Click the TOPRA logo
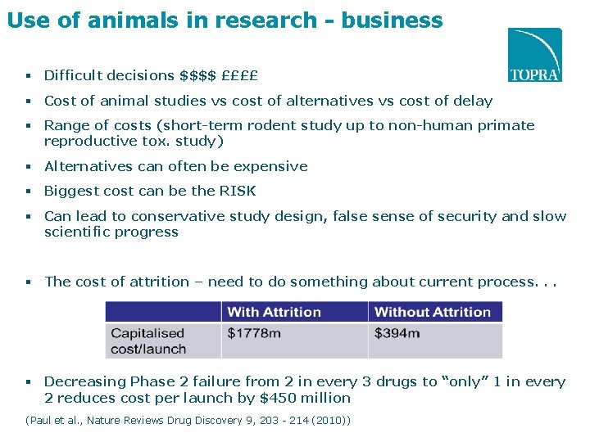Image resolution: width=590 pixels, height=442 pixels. pos(535,55)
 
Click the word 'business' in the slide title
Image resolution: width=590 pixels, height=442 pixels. pos(392,20)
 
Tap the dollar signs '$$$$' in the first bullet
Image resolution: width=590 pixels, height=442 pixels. pos(197,76)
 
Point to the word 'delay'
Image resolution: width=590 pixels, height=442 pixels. pos(473,101)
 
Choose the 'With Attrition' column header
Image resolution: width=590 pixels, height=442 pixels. pos(274,312)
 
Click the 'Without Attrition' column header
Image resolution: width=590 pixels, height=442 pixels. pos(432,312)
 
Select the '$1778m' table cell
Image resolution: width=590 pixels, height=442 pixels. pos(254,333)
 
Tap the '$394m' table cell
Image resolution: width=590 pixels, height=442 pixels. pos(397,333)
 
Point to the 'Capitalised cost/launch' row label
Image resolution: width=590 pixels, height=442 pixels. pos(149,341)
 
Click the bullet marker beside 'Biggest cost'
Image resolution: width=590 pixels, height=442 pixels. pos(28,192)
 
